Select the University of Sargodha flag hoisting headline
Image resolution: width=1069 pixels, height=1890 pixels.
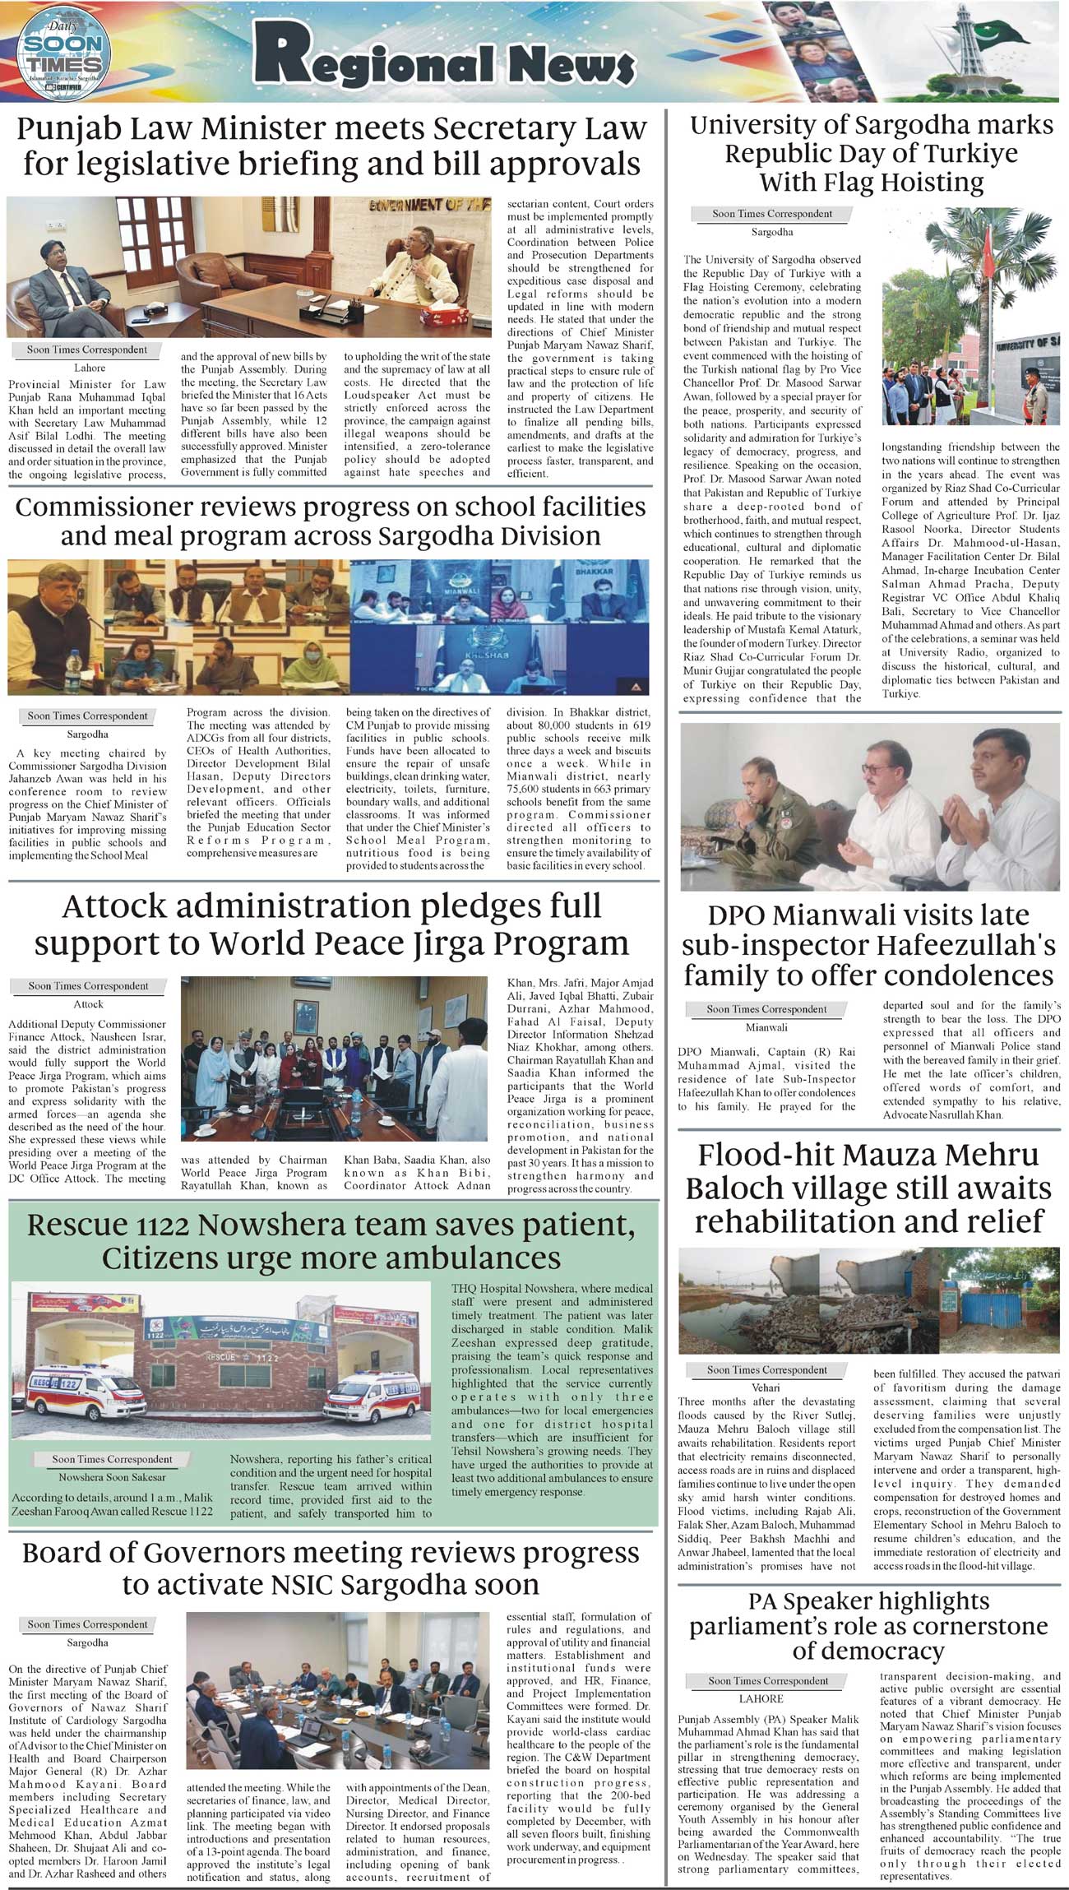872,154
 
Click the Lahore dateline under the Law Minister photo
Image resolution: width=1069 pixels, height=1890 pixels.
90,368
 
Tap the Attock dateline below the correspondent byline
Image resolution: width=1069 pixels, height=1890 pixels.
88,1004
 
